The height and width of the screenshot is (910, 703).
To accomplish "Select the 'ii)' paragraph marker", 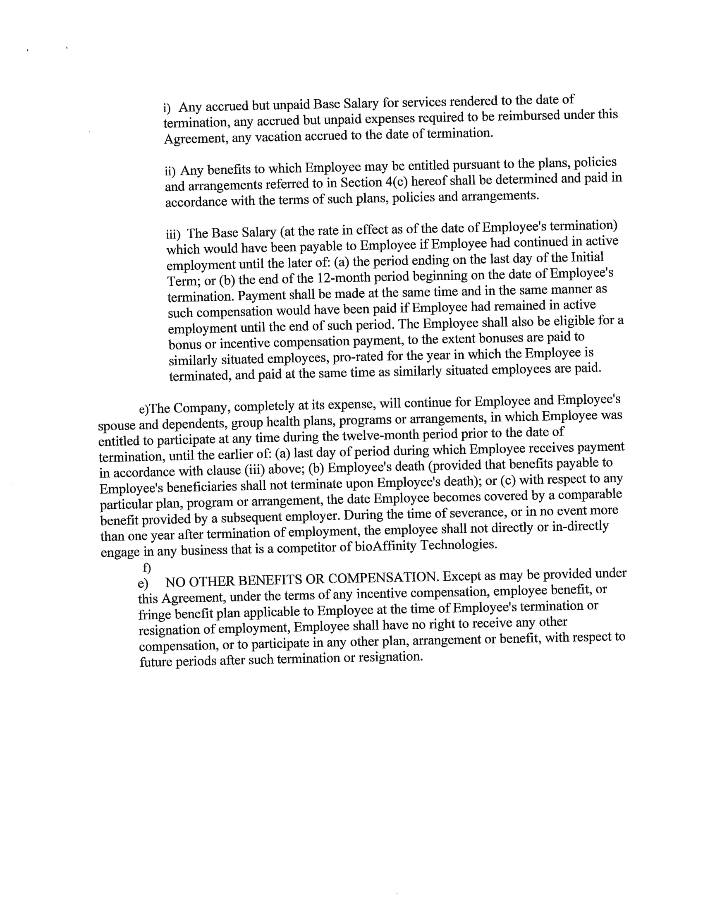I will click(x=170, y=171).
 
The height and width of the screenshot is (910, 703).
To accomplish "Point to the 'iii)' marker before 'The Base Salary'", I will click(x=173, y=235).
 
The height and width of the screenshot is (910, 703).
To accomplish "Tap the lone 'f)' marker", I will click(x=147, y=568).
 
